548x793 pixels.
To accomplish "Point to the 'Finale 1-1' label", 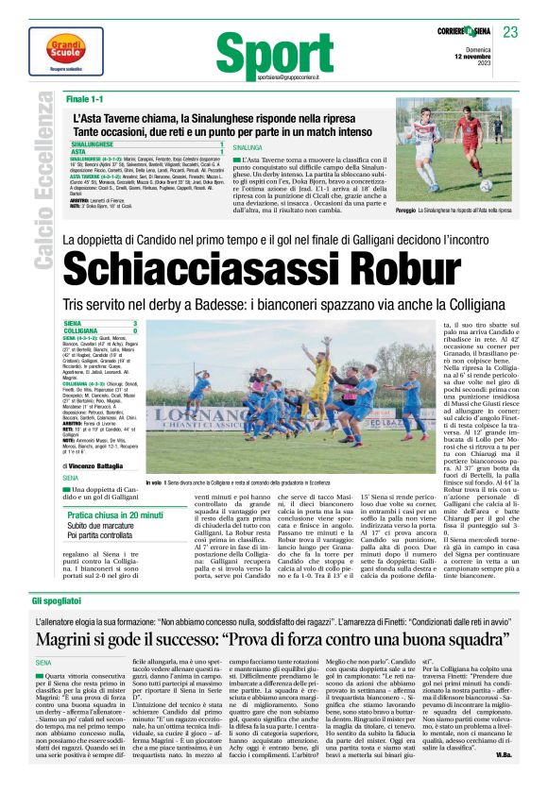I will tap(84, 98).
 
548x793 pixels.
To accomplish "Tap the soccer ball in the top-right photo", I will tap(484, 186).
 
